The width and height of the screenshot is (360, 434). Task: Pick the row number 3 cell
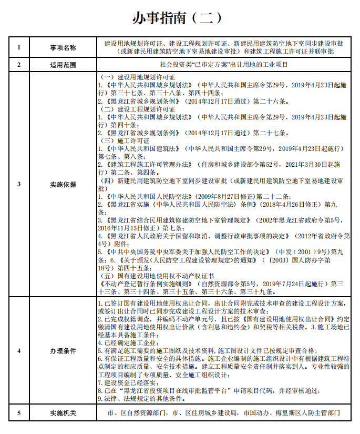(19, 184)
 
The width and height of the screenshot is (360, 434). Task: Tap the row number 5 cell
(19, 413)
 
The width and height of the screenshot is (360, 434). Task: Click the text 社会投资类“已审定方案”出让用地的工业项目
(223, 65)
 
